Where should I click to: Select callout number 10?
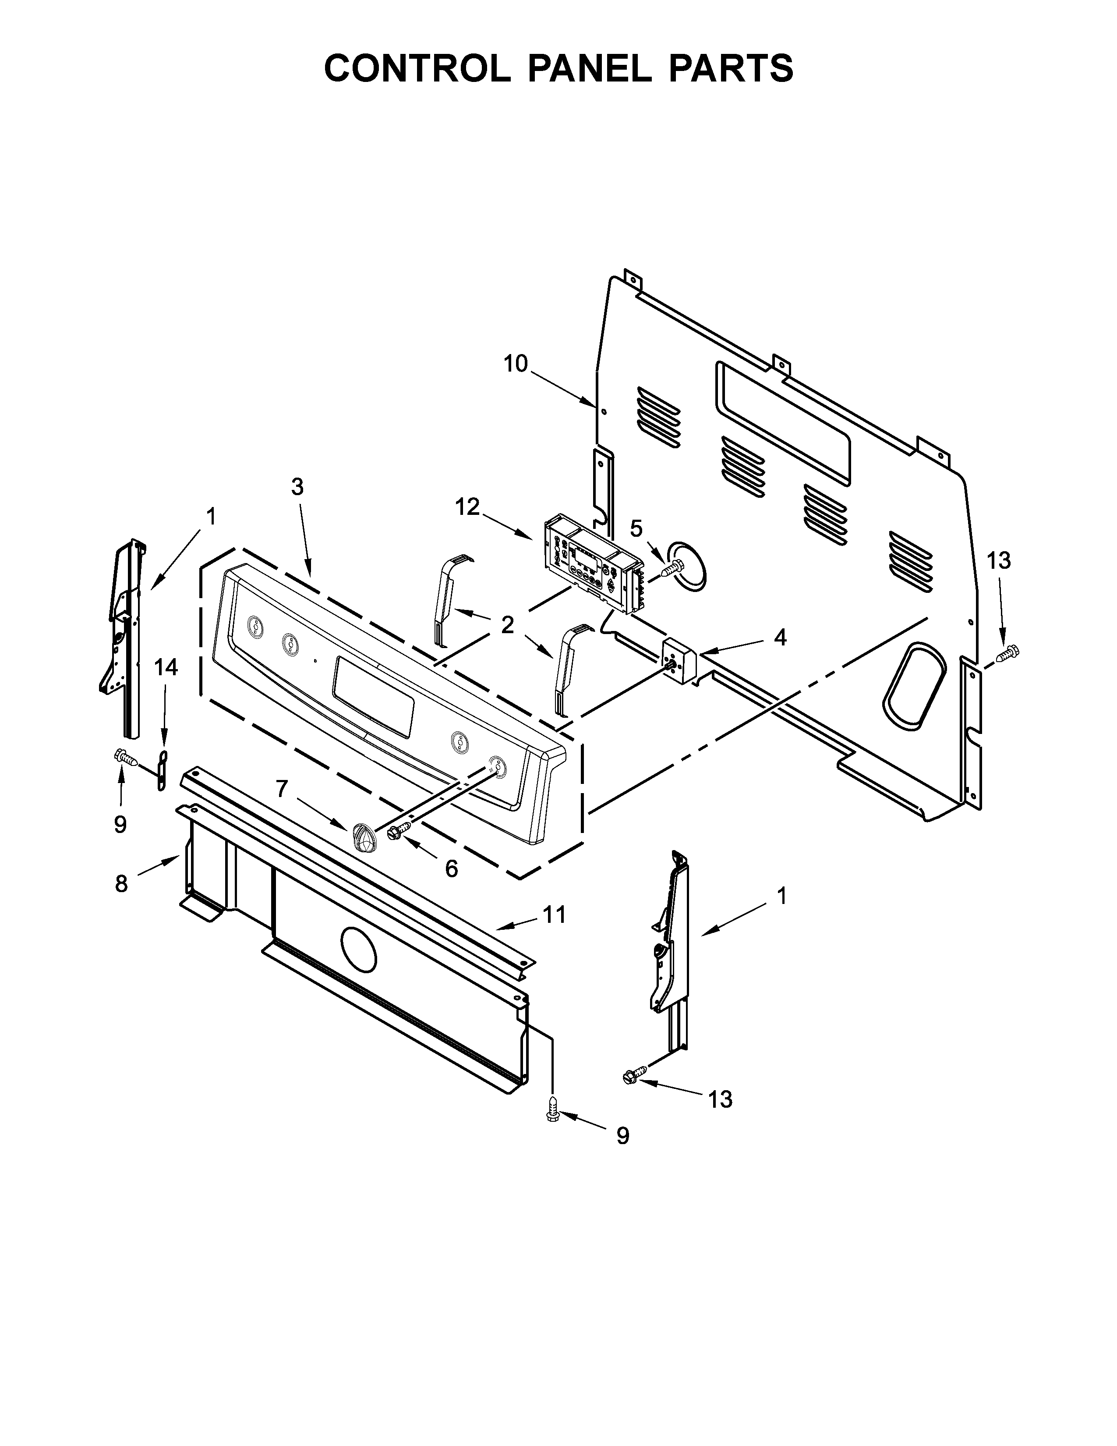(x=516, y=364)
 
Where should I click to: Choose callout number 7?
(x=282, y=789)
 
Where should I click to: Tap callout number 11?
(x=555, y=914)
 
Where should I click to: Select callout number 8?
(x=121, y=883)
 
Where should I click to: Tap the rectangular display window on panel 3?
(x=374, y=697)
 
